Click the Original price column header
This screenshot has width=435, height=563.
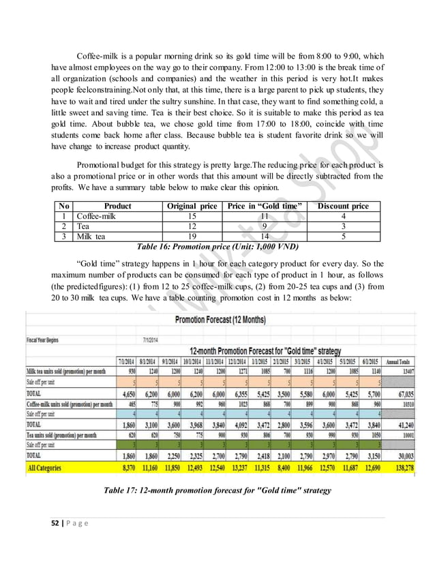point(192,206)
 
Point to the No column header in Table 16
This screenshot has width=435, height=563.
point(63,206)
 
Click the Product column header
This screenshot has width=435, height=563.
point(117,206)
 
